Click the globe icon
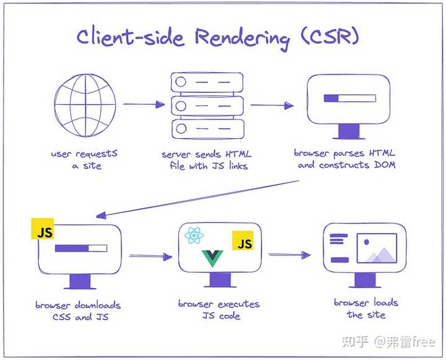(x=85, y=105)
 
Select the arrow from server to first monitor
(x=270, y=105)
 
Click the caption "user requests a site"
(x=85, y=159)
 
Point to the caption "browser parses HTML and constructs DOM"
(x=346, y=159)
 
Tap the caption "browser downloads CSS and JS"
(x=78, y=311)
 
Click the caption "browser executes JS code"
(x=219, y=310)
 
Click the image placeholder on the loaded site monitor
(x=378, y=248)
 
